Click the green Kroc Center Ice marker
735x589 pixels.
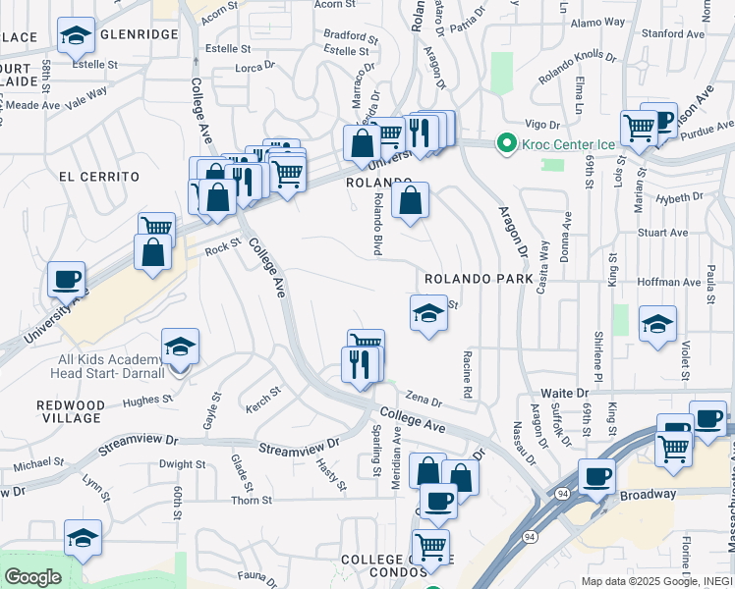pyautogui.click(x=507, y=144)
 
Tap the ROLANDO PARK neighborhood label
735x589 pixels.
pyautogui.click(x=479, y=279)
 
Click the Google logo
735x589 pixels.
pyautogui.click(x=32, y=577)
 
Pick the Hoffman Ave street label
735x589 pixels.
pyautogui.click(x=668, y=282)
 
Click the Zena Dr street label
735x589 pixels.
pyautogui.click(x=424, y=401)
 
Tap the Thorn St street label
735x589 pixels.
pyautogui.click(x=252, y=501)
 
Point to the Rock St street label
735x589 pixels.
pyautogui.click(x=223, y=249)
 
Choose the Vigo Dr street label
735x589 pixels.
pyautogui.click(x=541, y=125)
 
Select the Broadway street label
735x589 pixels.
pyautogui.click(x=648, y=496)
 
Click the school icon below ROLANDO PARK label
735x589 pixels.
pyautogui.click(x=428, y=313)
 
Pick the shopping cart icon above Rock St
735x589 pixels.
pyautogui.click(x=156, y=227)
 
